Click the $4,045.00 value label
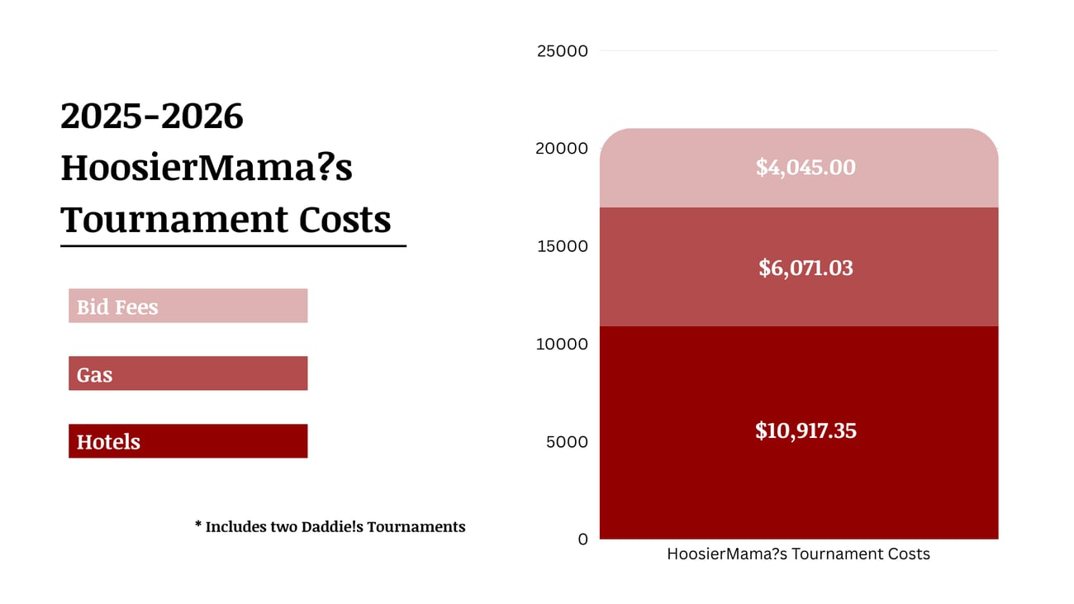point(805,168)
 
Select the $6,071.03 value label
point(805,268)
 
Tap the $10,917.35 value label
point(805,430)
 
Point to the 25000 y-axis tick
point(563,51)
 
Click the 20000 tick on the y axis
point(563,149)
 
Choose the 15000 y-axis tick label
point(563,246)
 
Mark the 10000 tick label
point(563,344)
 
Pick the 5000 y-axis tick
point(567,442)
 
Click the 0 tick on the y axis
point(583,540)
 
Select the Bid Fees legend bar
point(188,306)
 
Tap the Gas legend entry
point(188,373)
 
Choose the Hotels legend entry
point(188,441)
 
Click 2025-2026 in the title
point(152,117)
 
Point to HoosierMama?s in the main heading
point(207,168)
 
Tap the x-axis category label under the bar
point(798,554)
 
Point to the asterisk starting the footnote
point(198,525)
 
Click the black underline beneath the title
point(233,245)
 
